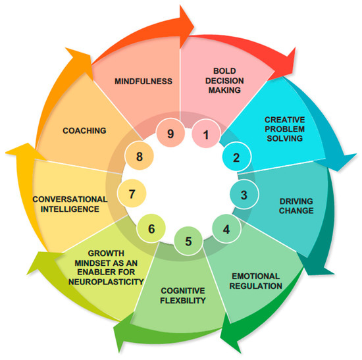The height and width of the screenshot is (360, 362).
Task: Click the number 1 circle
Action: coord(205,136)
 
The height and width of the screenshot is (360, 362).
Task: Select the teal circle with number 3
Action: coord(244,195)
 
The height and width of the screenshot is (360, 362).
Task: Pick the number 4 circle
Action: coord(226,230)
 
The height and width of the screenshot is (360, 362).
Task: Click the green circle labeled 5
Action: coord(189,240)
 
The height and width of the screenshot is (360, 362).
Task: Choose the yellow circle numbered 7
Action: coord(132,194)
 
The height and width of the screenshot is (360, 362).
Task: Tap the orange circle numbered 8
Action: coord(139,157)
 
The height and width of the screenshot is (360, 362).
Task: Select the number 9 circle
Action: coord(170,134)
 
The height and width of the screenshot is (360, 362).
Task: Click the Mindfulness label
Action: coord(143,81)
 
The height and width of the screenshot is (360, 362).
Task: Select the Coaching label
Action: coord(85,130)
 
